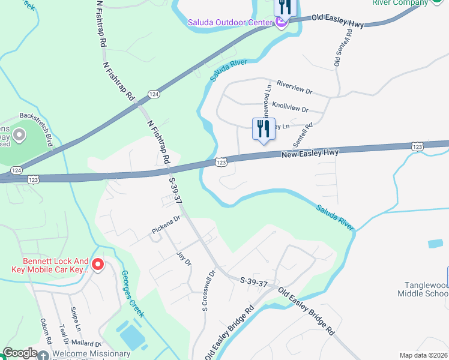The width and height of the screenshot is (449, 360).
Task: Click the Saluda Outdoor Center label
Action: [230, 23]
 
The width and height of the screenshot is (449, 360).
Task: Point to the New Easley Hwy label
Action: [310, 154]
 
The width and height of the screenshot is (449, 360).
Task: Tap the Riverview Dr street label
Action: [295, 88]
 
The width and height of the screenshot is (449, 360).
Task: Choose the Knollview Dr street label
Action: [290, 107]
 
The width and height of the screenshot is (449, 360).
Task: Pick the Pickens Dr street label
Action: [166, 225]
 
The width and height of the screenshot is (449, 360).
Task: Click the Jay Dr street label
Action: [184, 259]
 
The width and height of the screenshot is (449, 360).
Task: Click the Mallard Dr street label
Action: [87, 344]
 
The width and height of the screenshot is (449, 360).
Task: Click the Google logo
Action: [20, 353]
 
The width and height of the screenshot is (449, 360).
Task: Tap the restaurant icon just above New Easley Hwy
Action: [263, 130]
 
